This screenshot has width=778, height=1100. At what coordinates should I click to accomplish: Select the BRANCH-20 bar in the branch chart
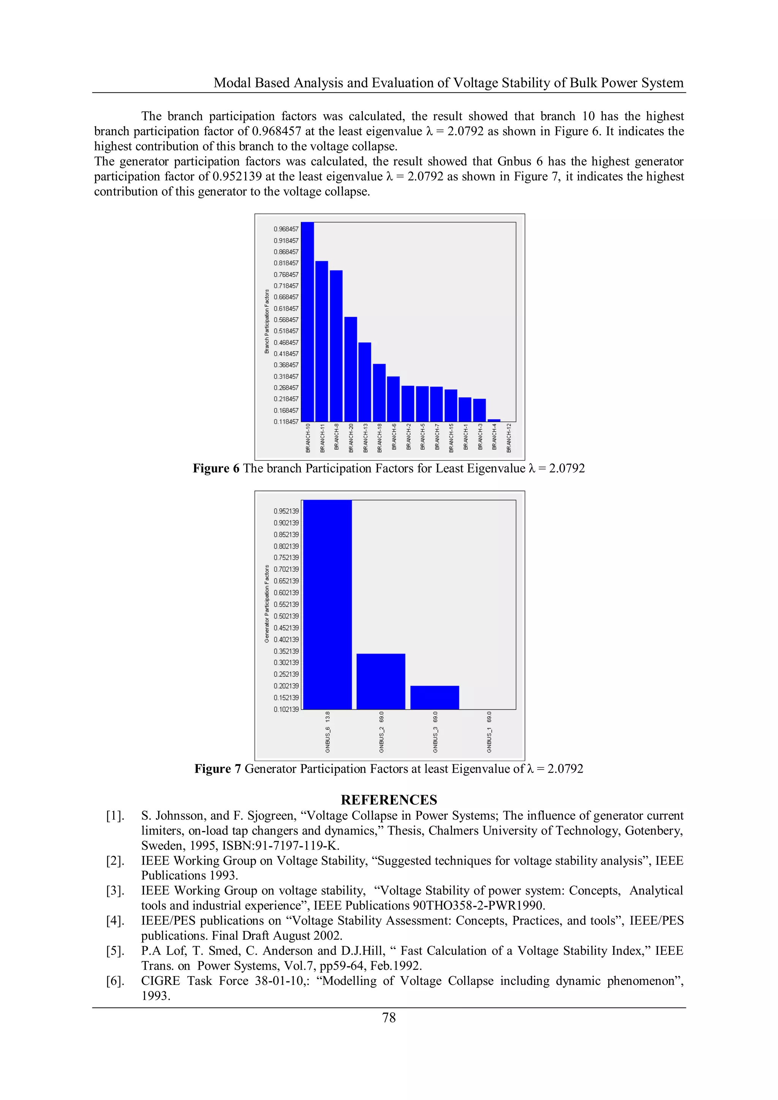point(351,369)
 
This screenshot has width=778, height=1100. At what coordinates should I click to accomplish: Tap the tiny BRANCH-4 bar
point(494,420)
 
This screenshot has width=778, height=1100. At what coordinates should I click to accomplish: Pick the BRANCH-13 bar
point(365,382)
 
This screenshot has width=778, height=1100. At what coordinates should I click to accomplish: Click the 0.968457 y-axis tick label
point(286,229)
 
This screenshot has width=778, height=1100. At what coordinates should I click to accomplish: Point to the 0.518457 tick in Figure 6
point(286,331)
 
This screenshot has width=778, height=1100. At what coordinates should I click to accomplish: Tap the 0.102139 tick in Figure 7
point(286,709)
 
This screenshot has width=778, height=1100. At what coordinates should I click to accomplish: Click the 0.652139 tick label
point(286,581)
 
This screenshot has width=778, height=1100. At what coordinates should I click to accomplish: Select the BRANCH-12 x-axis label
point(509,438)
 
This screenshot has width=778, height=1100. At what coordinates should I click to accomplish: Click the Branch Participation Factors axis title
point(267,321)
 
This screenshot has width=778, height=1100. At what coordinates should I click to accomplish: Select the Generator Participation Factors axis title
point(267,604)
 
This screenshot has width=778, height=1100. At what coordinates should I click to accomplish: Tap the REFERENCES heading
point(389,800)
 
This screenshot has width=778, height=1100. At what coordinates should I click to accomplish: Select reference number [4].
point(115,921)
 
